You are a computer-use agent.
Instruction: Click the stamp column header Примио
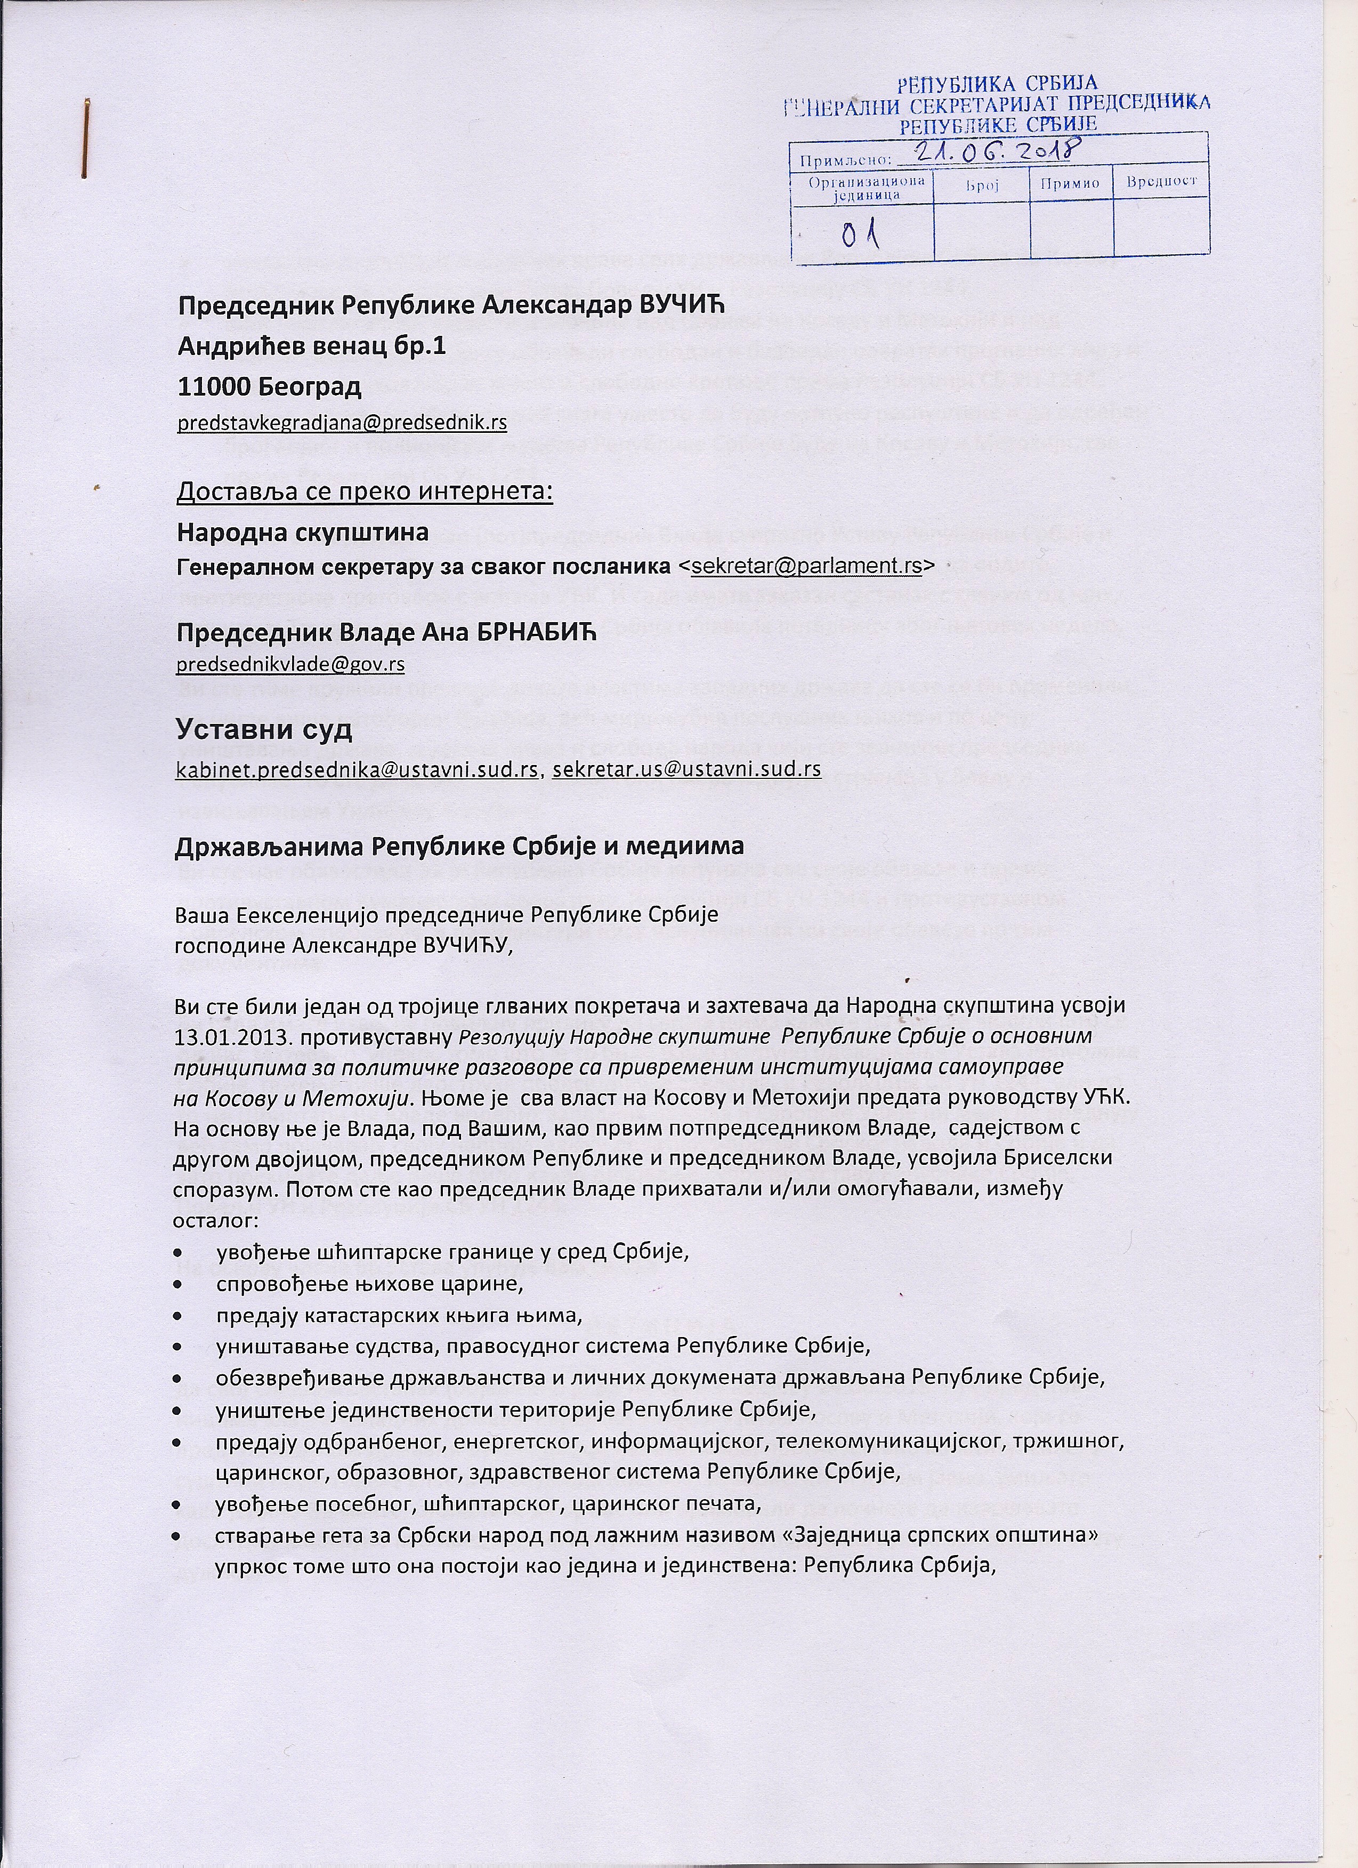coord(1070,183)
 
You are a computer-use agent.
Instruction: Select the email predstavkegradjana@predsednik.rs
coord(342,423)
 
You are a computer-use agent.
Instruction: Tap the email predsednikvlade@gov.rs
coord(290,664)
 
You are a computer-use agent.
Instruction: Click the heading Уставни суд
coord(264,728)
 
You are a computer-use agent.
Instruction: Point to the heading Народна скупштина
coord(302,532)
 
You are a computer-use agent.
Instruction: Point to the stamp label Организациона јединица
coord(861,188)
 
